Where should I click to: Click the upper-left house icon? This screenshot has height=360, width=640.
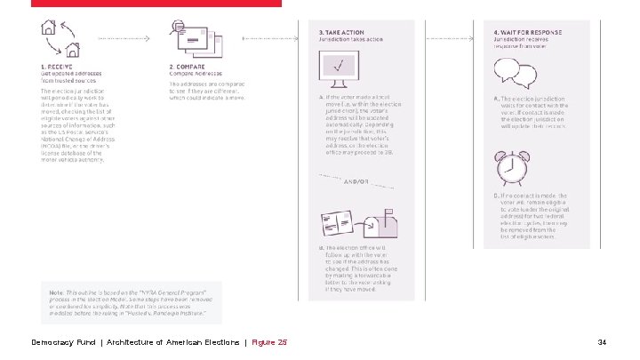click(49, 28)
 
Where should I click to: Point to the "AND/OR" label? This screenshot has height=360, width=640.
click(356, 182)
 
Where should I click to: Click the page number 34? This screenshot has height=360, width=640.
click(602, 342)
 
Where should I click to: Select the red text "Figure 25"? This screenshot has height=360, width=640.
click(269, 342)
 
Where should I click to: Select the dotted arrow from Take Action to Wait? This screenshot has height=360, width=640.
click(452, 40)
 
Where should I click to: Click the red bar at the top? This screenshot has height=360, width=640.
click(156, 3)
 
